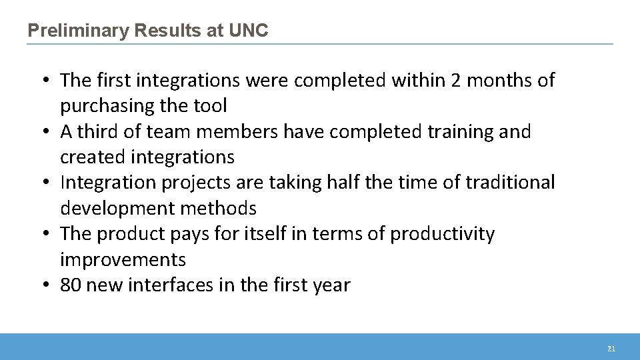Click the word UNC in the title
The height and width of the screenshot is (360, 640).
(248, 31)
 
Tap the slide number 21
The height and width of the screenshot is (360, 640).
(611, 349)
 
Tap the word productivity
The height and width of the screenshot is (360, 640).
(442, 234)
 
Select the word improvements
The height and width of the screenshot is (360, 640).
(123, 259)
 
